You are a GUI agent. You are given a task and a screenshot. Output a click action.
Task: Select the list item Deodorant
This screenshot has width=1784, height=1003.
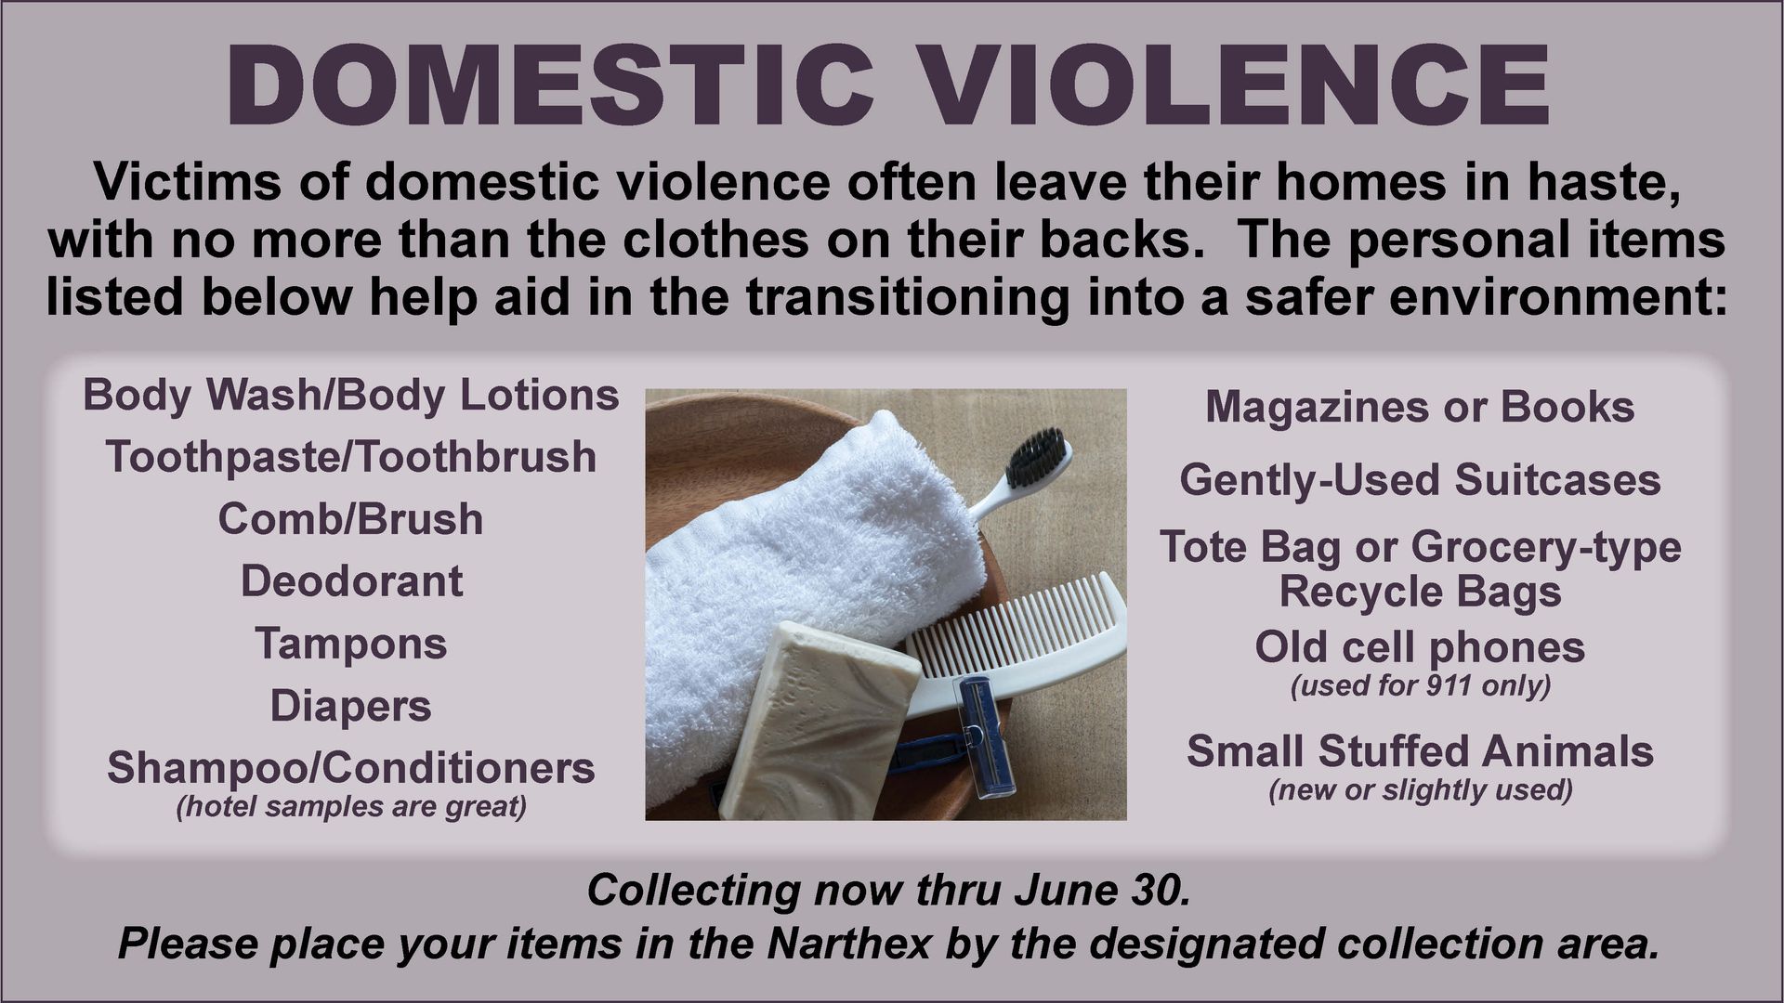pos(351,582)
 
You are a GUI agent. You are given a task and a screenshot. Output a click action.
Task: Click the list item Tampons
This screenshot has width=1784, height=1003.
pos(351,645)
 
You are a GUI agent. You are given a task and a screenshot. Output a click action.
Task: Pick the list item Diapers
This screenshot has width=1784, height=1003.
pos(351,707)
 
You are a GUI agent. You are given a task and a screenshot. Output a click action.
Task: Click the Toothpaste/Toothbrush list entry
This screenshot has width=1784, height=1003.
pos(351,457)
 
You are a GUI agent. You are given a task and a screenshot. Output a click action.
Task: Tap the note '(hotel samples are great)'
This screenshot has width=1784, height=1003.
pos(351,806)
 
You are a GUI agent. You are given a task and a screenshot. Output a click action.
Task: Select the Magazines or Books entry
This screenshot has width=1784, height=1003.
pos(1420,407)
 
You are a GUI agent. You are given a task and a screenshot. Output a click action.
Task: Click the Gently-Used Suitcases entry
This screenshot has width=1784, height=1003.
pos(1420,481)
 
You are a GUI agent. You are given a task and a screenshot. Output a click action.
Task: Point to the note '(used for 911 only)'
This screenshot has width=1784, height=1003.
pos(1420,686)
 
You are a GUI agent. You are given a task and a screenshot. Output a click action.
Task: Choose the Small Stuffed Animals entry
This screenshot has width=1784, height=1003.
pos(1420,751)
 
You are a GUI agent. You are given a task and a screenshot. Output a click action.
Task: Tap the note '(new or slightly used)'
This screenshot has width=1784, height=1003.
pos(1420,790)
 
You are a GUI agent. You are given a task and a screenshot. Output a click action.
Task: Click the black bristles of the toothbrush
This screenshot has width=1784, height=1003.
pos(1035,457)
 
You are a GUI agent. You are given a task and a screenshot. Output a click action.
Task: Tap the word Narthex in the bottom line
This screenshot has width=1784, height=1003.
pos(850,944)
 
